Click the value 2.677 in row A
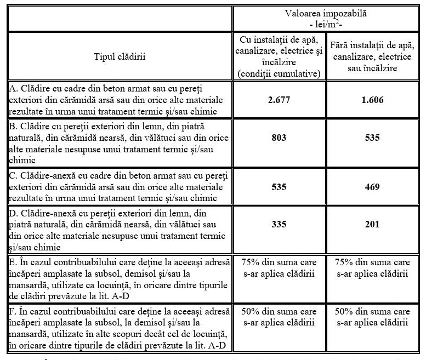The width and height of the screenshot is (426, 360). click(279, 100)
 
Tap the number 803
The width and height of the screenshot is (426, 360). click(279, 138)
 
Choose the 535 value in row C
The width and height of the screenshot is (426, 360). click(279, 187)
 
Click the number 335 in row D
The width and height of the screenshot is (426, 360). click(279, 224)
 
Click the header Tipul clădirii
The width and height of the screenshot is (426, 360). click(119, 56)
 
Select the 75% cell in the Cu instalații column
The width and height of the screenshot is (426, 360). click(279, 267)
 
